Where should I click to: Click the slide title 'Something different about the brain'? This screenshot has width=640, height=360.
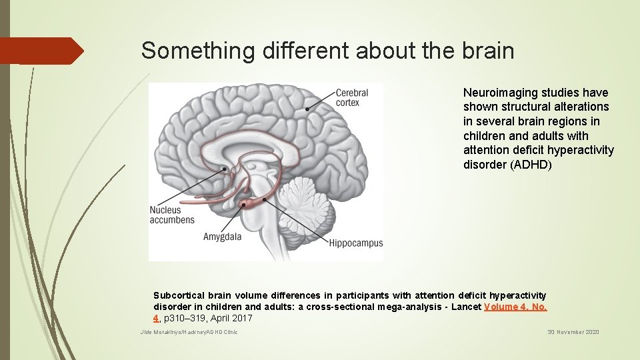327,51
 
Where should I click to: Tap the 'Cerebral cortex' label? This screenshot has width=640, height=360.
351,97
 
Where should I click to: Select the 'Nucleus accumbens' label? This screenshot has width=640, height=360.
172,215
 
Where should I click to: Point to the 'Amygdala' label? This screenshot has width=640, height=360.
222,237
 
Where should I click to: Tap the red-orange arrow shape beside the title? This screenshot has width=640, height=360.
41,51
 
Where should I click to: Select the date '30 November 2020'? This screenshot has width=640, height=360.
573,332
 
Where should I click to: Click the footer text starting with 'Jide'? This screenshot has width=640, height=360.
189,332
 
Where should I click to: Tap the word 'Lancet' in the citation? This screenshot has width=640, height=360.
465,307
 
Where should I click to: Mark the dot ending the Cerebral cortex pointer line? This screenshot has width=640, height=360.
307,109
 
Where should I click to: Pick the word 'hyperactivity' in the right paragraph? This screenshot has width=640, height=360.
581,150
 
